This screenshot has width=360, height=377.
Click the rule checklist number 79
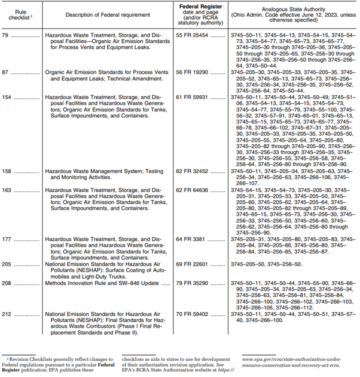(7, 35)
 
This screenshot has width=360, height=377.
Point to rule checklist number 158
(9, 171)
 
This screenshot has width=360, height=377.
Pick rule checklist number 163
(9, 189)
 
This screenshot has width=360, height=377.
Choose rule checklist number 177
(9, 238)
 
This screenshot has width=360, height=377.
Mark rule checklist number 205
(9, 263)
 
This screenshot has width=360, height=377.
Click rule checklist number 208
(9, 283)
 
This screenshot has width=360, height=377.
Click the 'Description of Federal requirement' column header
(108, 13)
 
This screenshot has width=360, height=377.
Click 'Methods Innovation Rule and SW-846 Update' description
(101, 283)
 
